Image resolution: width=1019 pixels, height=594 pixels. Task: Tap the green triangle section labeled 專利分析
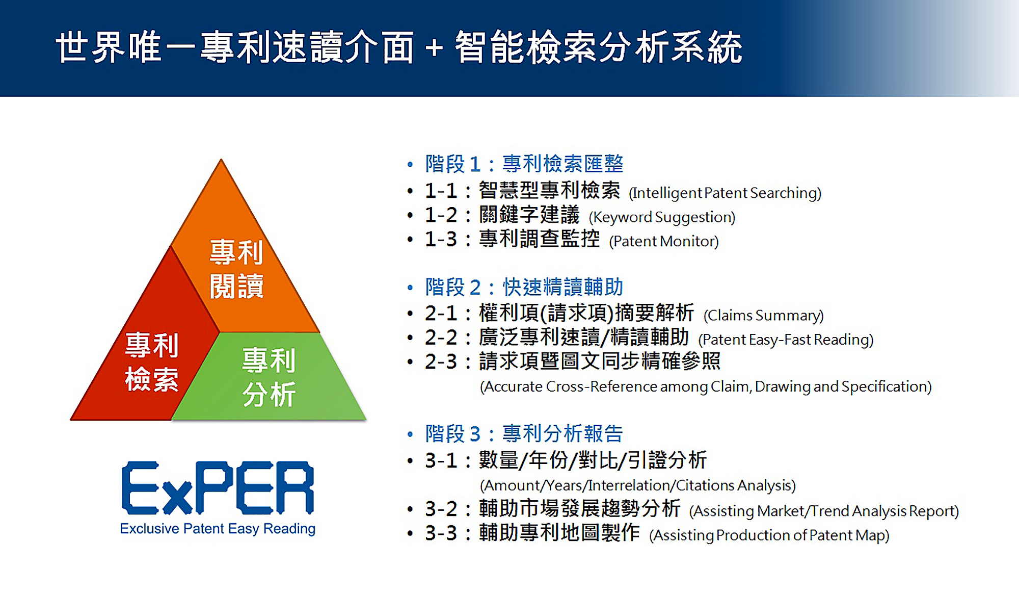(270, 377)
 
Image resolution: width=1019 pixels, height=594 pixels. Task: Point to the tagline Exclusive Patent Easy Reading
(218, 529)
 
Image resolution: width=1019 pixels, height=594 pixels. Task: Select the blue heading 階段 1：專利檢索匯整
(524, 164)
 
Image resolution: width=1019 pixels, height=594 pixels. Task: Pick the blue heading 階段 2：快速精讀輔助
(524, 287)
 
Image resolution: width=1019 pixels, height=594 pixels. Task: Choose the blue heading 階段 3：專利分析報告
(524, 434)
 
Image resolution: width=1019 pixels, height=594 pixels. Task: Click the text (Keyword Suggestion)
(662, 217)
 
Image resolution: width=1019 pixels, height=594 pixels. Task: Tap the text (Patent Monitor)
(664, 241)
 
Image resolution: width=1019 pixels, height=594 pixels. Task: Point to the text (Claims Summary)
(763, 316)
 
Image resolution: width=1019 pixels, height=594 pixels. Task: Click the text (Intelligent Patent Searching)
(725, 193)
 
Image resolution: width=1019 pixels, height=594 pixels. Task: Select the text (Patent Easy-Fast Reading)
(786, 340)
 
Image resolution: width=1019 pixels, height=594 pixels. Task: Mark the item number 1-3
(441, 239)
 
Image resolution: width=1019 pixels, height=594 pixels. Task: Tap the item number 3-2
(441, 509)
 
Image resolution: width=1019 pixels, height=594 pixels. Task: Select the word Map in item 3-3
(870, 535)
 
